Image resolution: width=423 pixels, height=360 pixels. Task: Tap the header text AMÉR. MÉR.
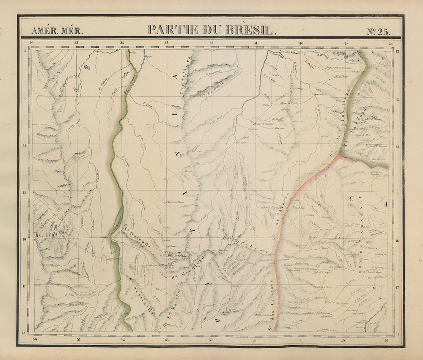57,30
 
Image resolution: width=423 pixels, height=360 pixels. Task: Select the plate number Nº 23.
378,30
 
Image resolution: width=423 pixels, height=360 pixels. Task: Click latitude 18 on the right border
398,334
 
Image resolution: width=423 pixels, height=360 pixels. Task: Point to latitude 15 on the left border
25,193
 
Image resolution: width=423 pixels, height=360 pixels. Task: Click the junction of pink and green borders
341,156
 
